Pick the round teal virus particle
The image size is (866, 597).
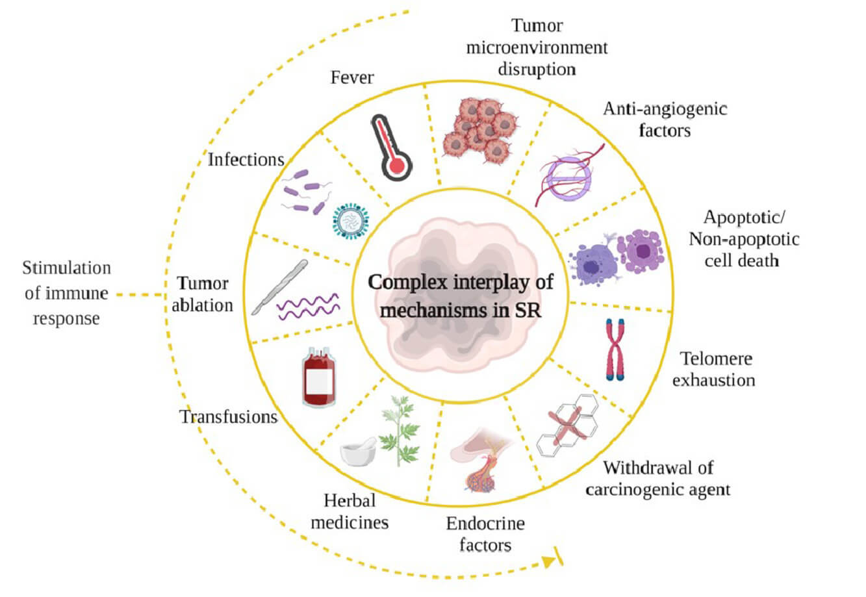pyautogui.click(x=350, y=221)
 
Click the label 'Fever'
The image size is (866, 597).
pyautogui.click(x=352, y=77)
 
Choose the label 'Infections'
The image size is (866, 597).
pyautogui.click(x=246, y=159)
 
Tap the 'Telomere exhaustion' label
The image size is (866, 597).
pyautogui.click(x=714, y=368)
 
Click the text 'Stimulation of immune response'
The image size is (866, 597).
pyautogui.click(x=66, y=293)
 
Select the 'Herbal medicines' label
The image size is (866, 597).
pyautogui.click(x=350, y=511)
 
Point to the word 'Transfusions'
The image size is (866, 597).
pyautogui.click(x=229, y=416)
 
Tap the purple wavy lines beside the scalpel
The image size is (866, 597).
pyautogui.click(x=309, y=305)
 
